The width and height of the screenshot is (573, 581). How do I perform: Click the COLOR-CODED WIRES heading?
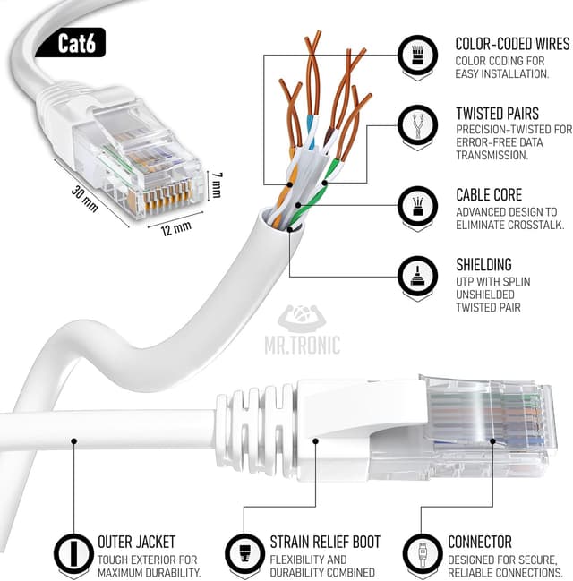click(512, 44)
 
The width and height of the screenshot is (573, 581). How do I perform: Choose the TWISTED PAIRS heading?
click(499, 114)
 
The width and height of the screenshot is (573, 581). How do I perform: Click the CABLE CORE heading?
click(488, 194)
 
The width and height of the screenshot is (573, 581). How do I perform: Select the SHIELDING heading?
click(483, 264)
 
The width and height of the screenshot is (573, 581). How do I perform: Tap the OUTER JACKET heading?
click(137, 542)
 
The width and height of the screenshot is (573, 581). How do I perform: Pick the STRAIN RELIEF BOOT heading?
click(325, 542)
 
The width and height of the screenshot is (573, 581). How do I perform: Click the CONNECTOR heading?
click(480, 542)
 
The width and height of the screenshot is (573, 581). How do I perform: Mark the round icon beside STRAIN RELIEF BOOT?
click(244, 551)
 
